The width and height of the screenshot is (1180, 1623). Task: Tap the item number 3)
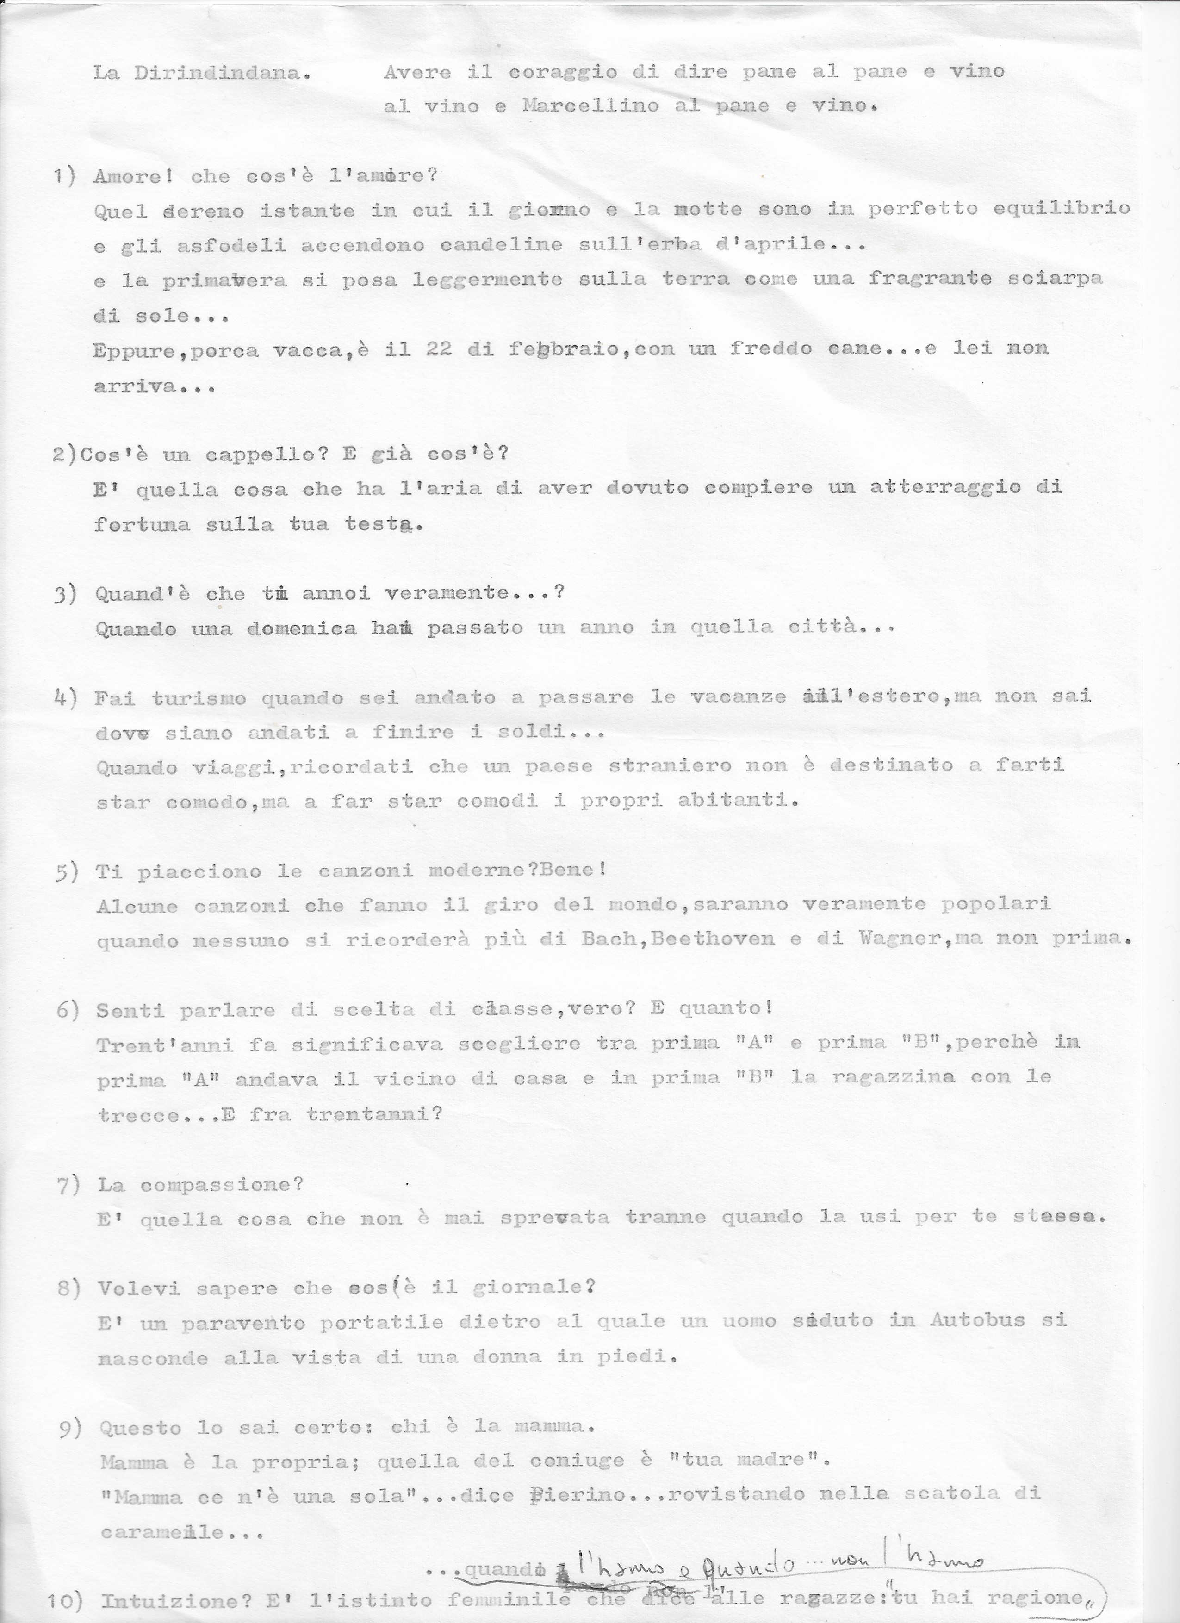(x=65, y=594)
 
